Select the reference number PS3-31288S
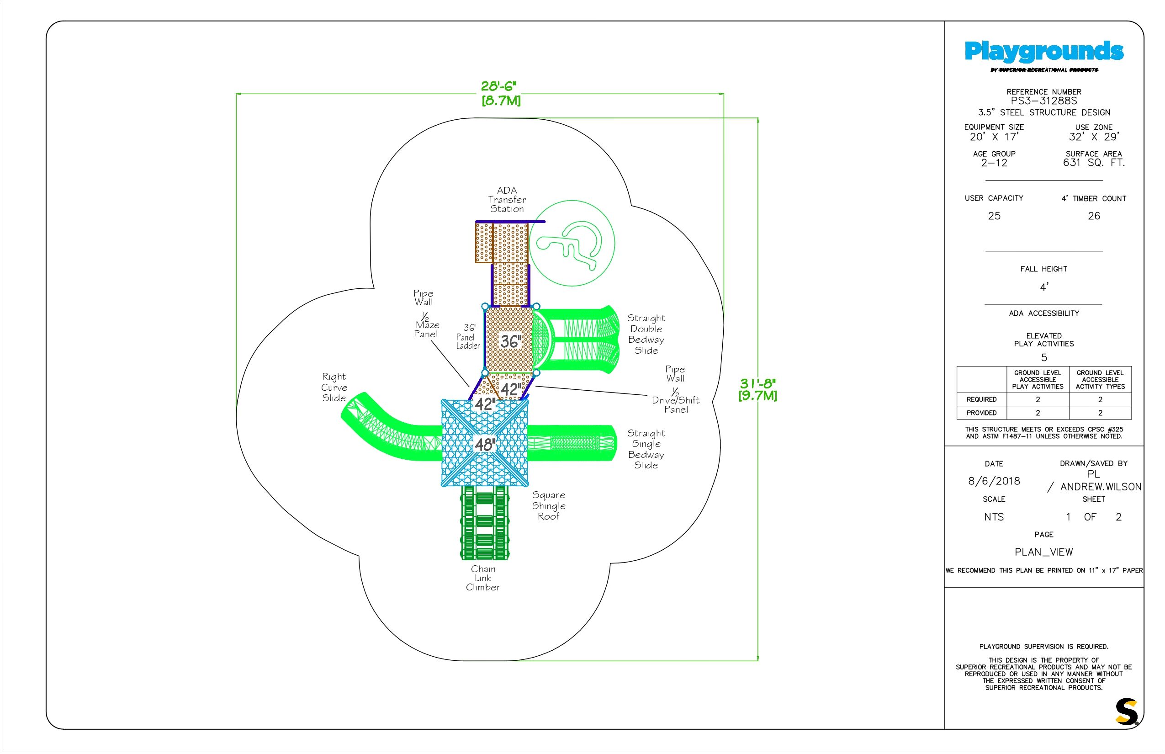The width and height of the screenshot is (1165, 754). click(1043, 101)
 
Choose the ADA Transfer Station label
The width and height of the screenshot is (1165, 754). click(507, 199)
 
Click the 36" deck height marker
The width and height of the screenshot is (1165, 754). click(510, 341)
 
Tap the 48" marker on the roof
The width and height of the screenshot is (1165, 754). click(485, 445)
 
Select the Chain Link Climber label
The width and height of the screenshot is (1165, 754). click(483, 578)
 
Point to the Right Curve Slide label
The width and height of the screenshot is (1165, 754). click(334, 388)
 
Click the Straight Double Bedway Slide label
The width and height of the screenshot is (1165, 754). click(646, 335)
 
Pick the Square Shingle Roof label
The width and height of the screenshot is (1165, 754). click(549, 506)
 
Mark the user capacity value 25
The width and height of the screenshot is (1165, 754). click(994, 216)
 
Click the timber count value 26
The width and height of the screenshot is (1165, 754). click(1094, 216)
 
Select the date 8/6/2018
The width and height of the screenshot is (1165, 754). click(994, 481)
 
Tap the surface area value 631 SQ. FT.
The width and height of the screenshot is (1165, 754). click(1094, 163)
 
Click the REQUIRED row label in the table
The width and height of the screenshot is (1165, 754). click(981, 399)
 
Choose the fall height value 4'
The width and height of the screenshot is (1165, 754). click(1044, 287)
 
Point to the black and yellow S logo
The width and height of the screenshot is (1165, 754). click(1126, 712)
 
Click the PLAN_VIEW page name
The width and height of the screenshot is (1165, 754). click(1043, 552)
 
